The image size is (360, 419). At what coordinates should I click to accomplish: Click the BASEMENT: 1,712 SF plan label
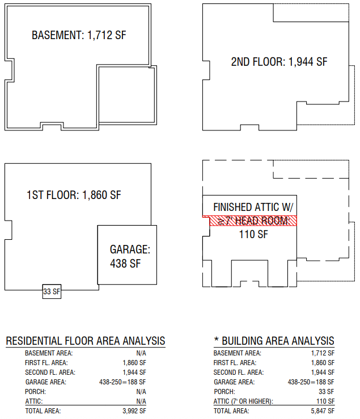click(79, 35)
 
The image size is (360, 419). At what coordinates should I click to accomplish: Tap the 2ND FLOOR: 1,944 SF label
click(279, 62)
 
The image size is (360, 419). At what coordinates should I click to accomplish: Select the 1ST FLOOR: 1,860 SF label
click(74, 196)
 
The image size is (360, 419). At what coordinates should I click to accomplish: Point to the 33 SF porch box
click(52, 292)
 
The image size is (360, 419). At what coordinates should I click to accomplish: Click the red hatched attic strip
click(249, 221)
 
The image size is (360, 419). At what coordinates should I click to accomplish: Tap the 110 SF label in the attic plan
click(249, 234)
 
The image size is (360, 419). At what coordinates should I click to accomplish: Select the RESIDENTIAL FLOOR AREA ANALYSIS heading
click(86, 341)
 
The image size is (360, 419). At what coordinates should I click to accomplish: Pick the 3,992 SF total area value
click(134, 411)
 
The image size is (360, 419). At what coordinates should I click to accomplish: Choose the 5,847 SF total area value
click(323, 411)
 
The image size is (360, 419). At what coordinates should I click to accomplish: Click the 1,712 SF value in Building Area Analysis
click(323, 353)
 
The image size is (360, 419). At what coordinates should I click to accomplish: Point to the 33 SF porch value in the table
click(327, 392)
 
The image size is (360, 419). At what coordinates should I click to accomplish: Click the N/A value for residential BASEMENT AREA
click(141, 353)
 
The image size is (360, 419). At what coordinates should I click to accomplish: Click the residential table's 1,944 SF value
click(134, 372)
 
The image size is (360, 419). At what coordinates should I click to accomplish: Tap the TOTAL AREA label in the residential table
click(43, 411)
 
